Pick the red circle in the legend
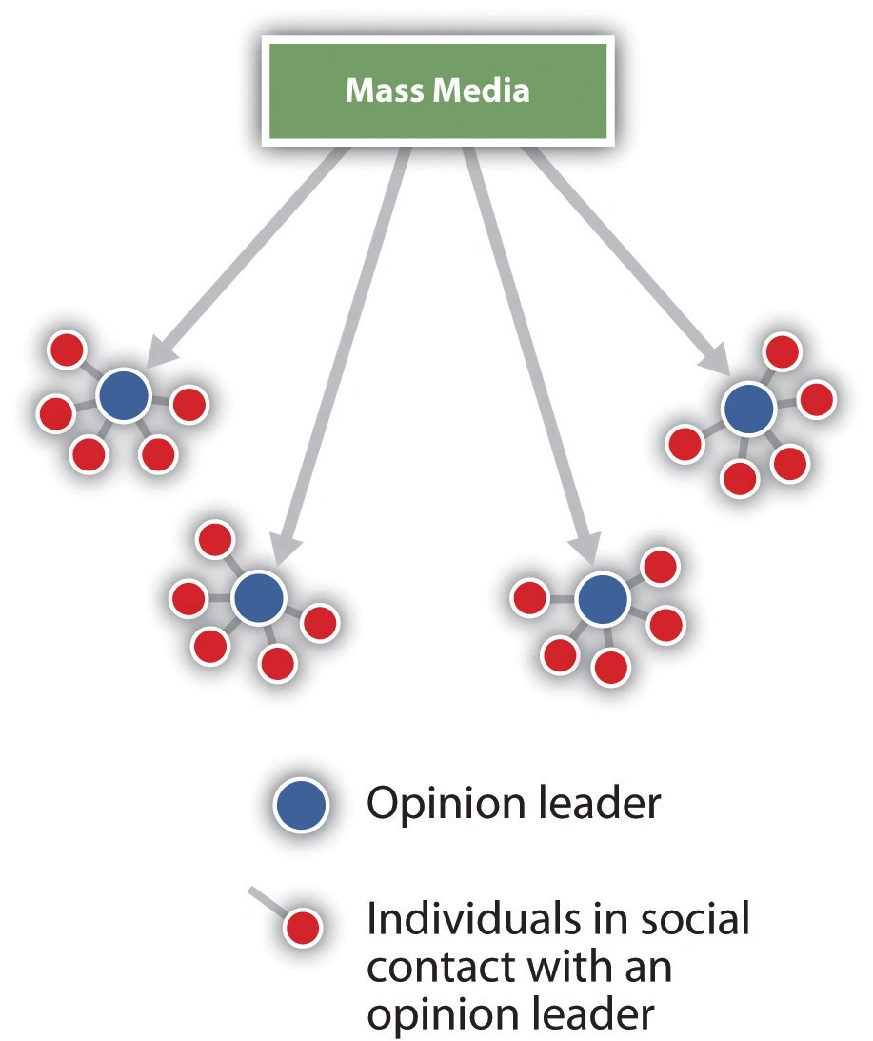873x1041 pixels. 303,927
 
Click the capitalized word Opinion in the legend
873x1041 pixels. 432,806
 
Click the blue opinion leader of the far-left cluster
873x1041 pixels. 124,395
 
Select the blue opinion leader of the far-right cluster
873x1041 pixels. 747,409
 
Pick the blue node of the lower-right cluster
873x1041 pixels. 603,598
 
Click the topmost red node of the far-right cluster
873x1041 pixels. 783,351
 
